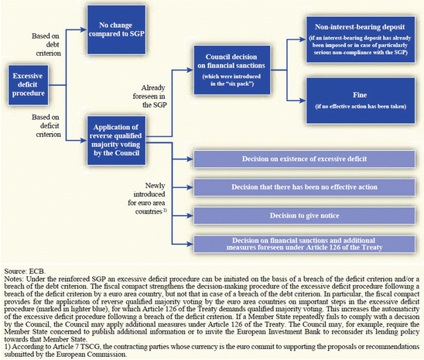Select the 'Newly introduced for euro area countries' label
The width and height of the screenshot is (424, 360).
[x=156, y=196]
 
